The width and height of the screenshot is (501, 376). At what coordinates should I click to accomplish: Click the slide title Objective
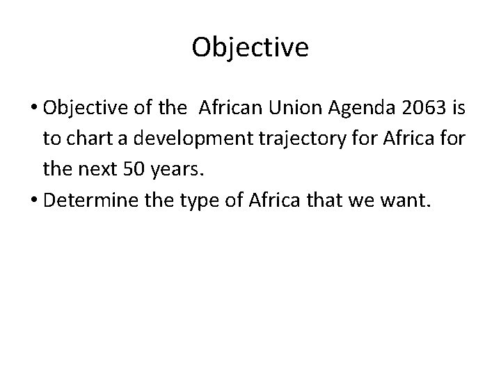(x=250, y=47)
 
